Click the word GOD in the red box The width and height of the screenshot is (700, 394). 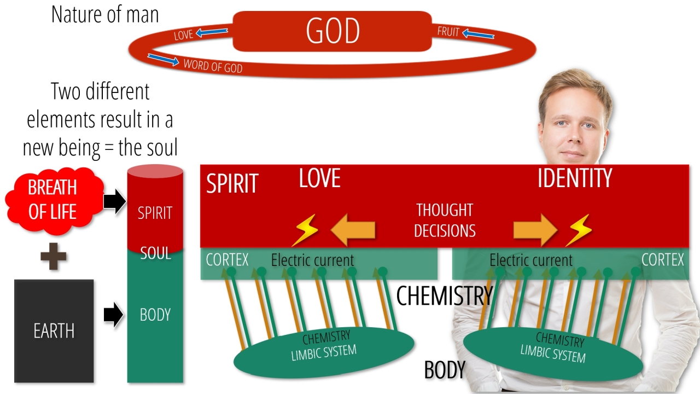pyautogui.click(x=333, y=31)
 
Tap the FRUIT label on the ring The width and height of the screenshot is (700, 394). pyautogui.click(x=448, y=32)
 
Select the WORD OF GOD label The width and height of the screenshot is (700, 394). pyautogui.click(x=213, y=66)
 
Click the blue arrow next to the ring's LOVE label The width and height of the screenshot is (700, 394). pyautogui.click(x=212, y=32)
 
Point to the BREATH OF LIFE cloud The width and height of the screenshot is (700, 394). pyautogui.click(x=54, y=200)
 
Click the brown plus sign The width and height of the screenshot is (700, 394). pyautogui.click(x=54, y=257)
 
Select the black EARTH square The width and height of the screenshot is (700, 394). pyautogui.click(x=54, y=331)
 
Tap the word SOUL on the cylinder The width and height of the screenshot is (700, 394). pyautogui.click(x=156, y=253)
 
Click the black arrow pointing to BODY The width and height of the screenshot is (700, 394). pyautogui.click(x=113, y=315)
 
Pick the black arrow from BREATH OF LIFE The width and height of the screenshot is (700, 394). pyautogui.click(x=115, y=201)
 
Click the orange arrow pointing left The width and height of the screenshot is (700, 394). pyautogui.click(x=353, y=230)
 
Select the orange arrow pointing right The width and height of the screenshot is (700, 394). pyautogui.click(x=535, y=230)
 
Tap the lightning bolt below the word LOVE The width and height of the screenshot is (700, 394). pyautogui.click(x=305, y=230)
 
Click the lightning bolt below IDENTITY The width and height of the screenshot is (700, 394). pyautogui.click(x=579, y=230)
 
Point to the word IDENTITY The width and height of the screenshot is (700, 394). pyautogui.click(x=575, y=178)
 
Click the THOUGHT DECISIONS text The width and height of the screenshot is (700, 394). pyautogui.click(x=445, y=220)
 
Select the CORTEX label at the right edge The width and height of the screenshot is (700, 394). pyautogui.click(x=662, y=260)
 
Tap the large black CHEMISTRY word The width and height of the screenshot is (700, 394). pyautogui.click(x=445, y=296)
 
